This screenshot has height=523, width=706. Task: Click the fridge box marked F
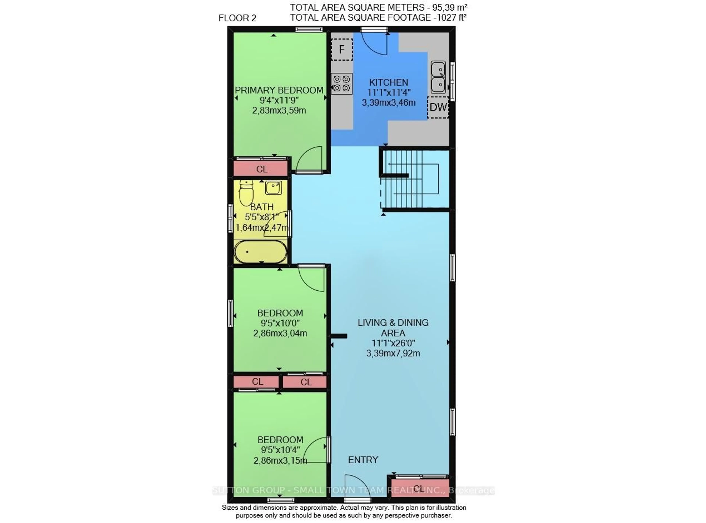342,49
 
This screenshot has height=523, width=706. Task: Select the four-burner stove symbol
342,84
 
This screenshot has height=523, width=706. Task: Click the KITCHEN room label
388,82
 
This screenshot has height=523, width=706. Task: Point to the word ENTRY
363,460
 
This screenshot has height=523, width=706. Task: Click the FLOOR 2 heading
237,18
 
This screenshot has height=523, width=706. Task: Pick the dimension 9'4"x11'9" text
279,100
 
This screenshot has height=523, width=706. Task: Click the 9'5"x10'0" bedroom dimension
280,323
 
